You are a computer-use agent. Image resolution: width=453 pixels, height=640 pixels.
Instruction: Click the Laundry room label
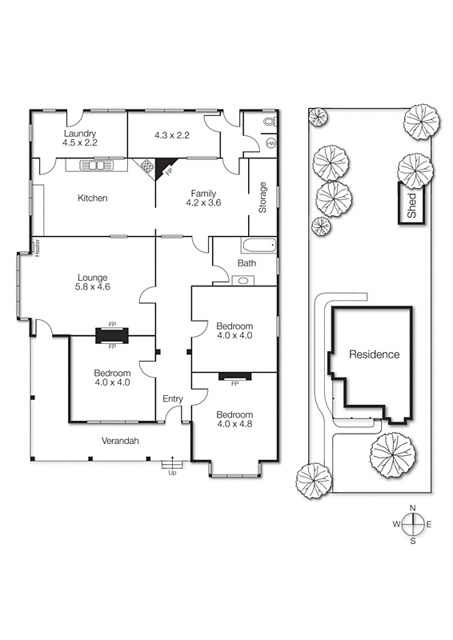click(80, 134)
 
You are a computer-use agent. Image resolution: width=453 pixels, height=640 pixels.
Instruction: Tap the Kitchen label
click(93, 198)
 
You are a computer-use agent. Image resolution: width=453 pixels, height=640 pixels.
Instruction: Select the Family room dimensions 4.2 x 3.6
click(204, 203)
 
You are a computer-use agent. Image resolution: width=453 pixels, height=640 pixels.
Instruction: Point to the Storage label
click(262, 198)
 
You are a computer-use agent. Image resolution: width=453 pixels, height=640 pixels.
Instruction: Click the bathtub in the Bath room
click(257, 246)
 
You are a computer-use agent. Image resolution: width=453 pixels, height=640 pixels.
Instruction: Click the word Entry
click(173, 399)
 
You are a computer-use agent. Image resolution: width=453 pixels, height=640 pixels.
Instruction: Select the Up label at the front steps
click(172, 473)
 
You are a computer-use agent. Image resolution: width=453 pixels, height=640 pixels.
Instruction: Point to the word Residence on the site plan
click(373, 354)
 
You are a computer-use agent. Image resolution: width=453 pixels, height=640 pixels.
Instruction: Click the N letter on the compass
click(413, 508)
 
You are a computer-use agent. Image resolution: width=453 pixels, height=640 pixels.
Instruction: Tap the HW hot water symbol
click(271, 143)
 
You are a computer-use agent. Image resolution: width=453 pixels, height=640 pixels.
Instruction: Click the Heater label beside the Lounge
click(37, 247)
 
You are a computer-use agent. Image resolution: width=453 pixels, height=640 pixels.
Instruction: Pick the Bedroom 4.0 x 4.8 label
click(235, 418)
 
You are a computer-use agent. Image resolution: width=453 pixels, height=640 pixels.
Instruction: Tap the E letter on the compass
click(429, 525)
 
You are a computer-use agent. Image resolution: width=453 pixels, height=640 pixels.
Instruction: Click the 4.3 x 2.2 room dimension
click(172, 135)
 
